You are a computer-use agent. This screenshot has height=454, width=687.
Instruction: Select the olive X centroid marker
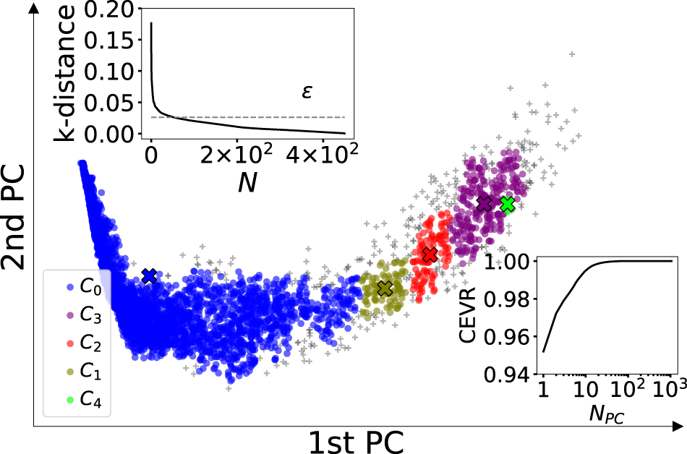384,288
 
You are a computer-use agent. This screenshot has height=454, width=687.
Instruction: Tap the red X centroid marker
430,254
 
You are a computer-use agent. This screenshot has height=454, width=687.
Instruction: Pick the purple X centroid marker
484,203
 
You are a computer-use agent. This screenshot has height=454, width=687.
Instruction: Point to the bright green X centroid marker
507,203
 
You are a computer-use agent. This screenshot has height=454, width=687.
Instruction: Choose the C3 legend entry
79,314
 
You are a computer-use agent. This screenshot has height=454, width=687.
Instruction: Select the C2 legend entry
79,342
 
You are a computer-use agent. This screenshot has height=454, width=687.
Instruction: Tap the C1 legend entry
79,370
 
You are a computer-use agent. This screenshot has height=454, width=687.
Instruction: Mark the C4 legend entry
79,398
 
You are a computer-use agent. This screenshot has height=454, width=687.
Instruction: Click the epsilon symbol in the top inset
307,93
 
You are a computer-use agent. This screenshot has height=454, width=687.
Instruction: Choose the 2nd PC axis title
15,217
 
